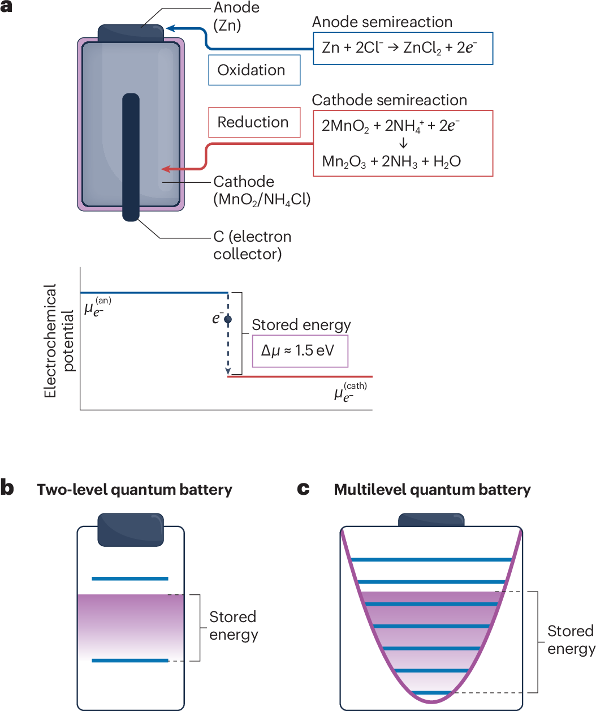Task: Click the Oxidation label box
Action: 254,70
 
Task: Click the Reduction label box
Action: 254,122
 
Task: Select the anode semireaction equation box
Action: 403,48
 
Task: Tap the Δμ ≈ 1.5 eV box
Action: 300,351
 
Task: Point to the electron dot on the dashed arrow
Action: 228,319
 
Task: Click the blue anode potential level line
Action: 153,293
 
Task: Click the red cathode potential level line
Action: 300,376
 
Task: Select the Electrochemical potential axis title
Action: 58,341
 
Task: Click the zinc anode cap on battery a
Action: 131,33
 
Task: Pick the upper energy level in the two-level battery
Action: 130,579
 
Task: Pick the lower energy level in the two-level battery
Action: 130,661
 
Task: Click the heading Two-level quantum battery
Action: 135,490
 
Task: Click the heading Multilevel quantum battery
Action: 432,490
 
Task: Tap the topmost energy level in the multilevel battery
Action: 431,560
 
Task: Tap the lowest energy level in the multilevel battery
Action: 431,692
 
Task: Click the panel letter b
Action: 7,487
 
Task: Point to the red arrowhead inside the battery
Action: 166,169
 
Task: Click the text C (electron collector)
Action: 252,245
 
